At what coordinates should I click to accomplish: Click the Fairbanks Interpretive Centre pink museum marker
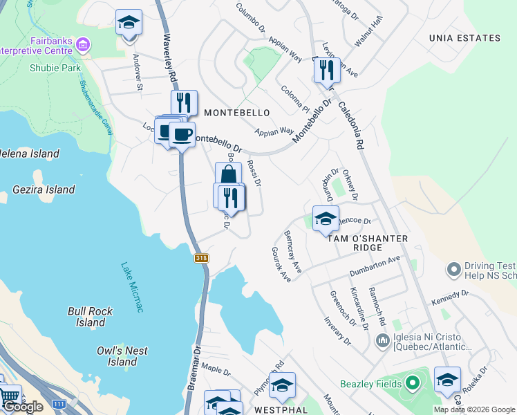[83, 46]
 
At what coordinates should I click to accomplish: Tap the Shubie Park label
[55, 68]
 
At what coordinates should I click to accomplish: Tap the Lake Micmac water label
[132, 286]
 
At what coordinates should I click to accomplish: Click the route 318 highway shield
[201, 258]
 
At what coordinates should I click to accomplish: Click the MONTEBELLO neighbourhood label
[236, 111]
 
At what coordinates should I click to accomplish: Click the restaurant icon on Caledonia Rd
[326, 70]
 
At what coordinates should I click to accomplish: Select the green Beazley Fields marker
[413, 382]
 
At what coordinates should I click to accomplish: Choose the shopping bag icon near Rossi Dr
[228, 174]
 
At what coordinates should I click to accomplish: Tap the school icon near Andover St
[129, 22]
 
